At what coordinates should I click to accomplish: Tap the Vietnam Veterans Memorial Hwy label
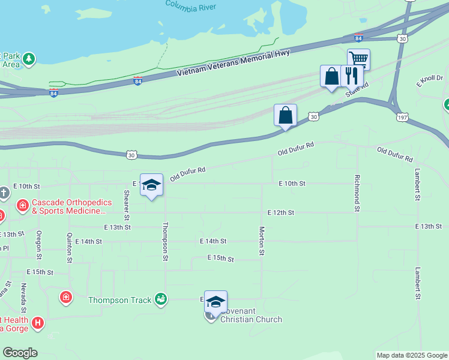(234, 63)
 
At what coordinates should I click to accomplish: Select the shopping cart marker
(358, 59)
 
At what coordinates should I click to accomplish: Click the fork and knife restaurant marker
(351, 76)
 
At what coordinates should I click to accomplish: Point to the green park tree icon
(29, 59)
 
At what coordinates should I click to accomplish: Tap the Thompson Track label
(119, 299)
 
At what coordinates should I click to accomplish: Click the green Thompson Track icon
(160, 298)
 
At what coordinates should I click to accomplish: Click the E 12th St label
(281, 212)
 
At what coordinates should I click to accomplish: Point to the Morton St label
(262, 241)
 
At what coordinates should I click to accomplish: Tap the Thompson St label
(164, 242)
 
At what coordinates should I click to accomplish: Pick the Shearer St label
(127, 205)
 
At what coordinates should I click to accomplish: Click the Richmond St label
(357, 193)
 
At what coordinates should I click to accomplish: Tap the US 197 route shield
(402, 118)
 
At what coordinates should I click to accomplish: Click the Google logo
(20, 353)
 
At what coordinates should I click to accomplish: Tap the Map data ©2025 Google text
(412, 355)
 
